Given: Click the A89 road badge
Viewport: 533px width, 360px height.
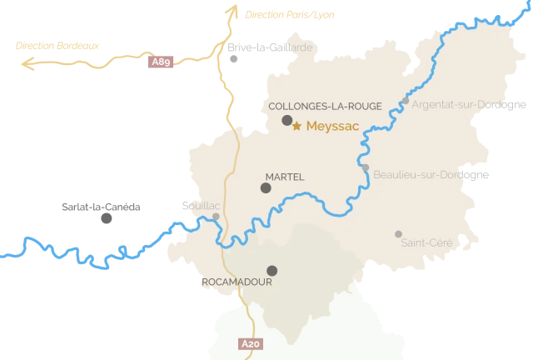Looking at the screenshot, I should click(x=162, y=62).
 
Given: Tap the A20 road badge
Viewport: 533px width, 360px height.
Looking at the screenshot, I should click(x=249, y=343).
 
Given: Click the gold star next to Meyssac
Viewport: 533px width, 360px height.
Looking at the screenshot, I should click(x=296, y=127).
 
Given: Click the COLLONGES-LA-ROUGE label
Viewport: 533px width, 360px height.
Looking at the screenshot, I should click(x=325, y=106).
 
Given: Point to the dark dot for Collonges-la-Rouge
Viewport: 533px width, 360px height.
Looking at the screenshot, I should click(x=287, y=121).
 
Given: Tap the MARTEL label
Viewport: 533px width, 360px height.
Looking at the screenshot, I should click(x=284, y=177).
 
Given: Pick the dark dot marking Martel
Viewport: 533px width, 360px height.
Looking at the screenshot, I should click(x=266, y=188).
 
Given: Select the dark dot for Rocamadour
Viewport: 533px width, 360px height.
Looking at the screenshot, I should click(x=271, y=270).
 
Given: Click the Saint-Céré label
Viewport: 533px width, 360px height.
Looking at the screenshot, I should click(x=426, y=242).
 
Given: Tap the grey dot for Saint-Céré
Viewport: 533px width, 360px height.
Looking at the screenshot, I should click(x=399, y=234).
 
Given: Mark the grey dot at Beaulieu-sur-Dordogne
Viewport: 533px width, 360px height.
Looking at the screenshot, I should click(x=366, y=167).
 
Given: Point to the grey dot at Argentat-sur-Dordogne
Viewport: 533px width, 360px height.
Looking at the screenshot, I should click(x=406, y=102).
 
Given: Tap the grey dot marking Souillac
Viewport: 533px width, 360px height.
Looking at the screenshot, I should click(x=217, y=216).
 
